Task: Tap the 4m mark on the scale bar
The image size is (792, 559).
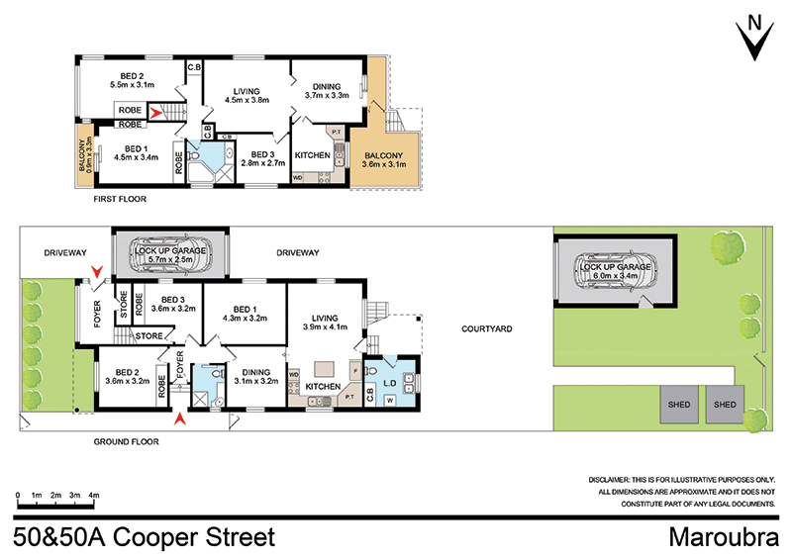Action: [94, 494]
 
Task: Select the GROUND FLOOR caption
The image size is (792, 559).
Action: [126, 442]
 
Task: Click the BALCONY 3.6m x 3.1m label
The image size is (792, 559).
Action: [385, 160]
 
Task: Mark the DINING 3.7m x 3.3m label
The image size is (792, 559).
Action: [328, 91]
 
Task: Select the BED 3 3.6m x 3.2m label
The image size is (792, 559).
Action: [173, 304]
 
